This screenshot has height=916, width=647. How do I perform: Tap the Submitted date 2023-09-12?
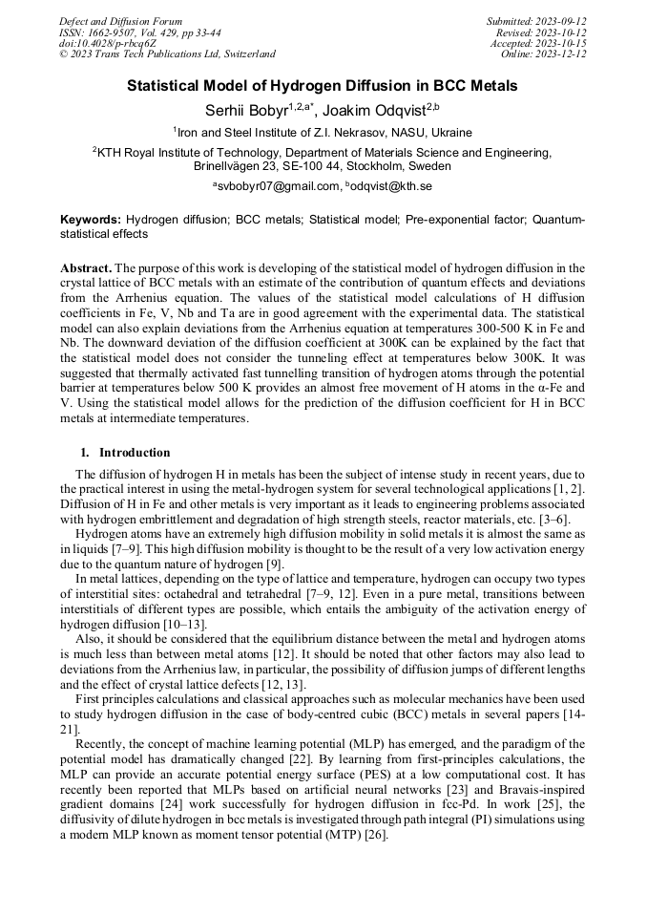(537, 21)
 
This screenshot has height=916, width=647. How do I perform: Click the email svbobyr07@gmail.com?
(279, 186)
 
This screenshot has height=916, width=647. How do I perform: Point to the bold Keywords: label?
(91, 220)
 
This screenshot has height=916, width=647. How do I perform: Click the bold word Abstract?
(86, 268)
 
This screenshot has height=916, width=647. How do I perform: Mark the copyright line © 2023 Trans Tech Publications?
(167, 54)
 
